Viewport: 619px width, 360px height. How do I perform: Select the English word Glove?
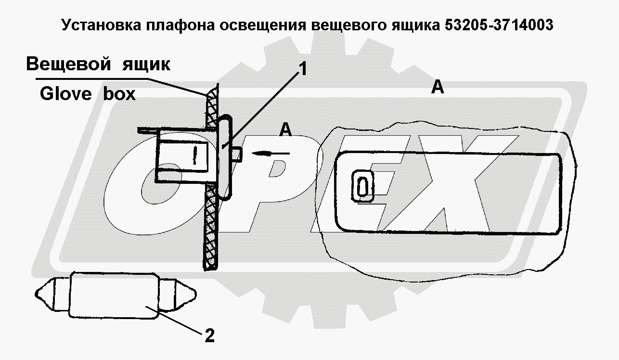coord(65,94)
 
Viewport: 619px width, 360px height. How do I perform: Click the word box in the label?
coord(119,94)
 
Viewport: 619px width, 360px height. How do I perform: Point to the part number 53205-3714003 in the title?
coord(496,26)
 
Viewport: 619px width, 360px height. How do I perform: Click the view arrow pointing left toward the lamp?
coord(270,154)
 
